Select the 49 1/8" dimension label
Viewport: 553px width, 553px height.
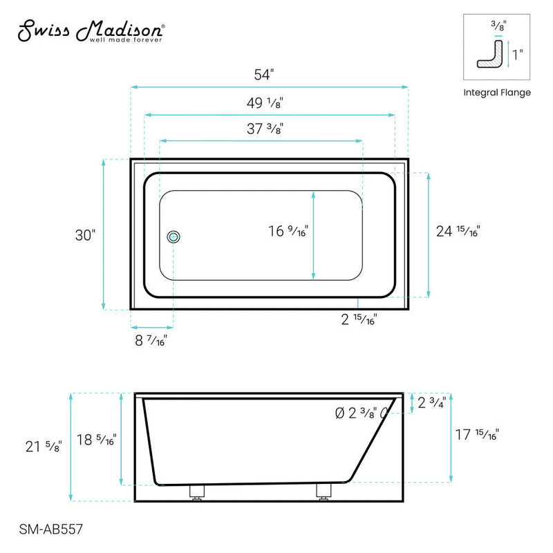point(265,103)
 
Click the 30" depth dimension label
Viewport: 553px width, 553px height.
point(84,235)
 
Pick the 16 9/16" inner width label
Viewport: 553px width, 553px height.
point(288,232)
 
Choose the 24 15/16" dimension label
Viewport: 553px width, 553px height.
point(457,232)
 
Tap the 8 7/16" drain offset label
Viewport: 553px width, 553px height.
point(150,340)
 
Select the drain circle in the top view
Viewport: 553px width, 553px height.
point(174,237)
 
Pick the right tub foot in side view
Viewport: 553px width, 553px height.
point(324,492)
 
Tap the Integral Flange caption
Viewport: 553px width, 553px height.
point(497,93)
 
